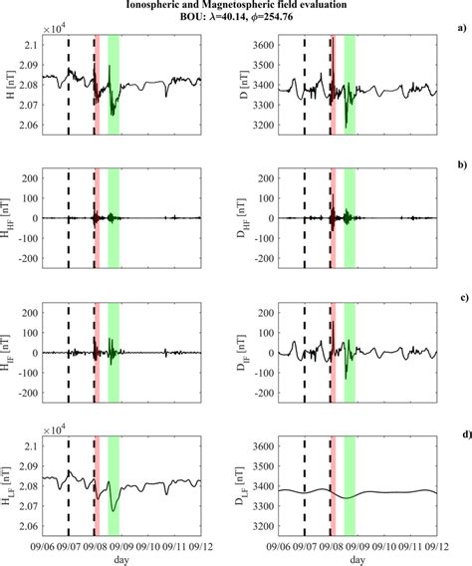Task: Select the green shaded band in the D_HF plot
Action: (x=350, y=219)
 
